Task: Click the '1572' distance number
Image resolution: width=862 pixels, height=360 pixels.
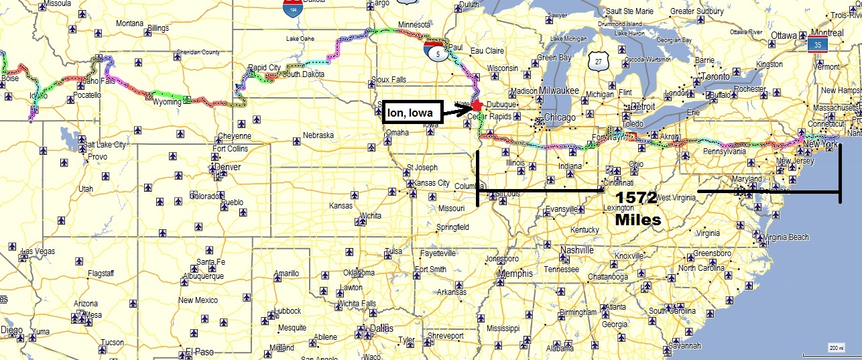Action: pos(637,198)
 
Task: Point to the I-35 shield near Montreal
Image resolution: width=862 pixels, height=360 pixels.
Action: pos(816,45)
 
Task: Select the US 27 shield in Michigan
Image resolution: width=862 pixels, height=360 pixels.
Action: pos(597,62)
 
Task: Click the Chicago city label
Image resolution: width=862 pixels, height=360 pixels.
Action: pos(560,118)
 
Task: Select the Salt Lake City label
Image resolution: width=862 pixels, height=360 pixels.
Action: pos(105,145)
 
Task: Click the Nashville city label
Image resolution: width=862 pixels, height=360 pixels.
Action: pos(576,250)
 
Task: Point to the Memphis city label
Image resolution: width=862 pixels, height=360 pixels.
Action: pos(515,274)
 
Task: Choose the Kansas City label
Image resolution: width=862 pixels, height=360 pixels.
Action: pos(432,183)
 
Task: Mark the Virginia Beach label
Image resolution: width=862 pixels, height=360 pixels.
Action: pos(786,237)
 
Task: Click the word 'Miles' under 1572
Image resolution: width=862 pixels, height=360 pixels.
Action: pos(637,219)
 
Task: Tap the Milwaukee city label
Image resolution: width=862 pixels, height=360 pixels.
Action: pos(557,91)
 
